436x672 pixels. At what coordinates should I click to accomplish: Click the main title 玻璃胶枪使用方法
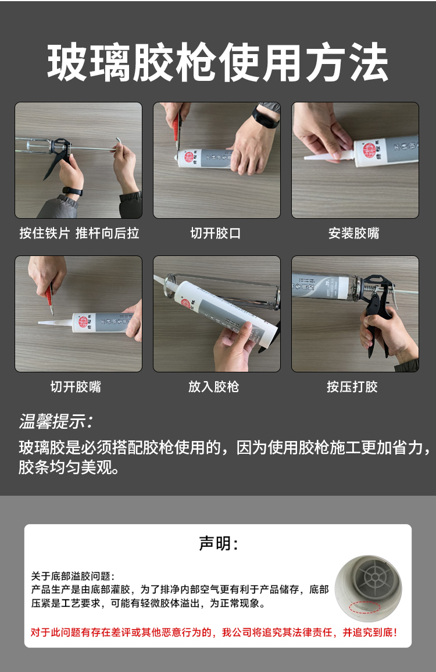point(217,63)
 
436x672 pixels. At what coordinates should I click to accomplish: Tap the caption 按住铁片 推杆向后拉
point(79,233)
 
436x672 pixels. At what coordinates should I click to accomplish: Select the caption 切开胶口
point(216,233)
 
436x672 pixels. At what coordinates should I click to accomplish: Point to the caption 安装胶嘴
point(354,233)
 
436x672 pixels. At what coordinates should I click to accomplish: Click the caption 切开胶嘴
point(76,386)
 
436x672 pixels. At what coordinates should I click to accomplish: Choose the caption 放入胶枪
point(214,386)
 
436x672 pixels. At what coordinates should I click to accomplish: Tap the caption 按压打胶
point(352,386)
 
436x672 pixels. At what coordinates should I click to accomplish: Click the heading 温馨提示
point(55,422)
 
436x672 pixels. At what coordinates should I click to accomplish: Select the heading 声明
point(218,543)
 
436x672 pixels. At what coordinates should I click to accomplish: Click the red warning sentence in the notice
point(214,632)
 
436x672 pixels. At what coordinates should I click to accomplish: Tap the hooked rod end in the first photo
point(118,144)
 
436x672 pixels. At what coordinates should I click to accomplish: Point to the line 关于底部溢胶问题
point(73,575)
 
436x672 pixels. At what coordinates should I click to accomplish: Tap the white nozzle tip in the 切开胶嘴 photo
point(39,323)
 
